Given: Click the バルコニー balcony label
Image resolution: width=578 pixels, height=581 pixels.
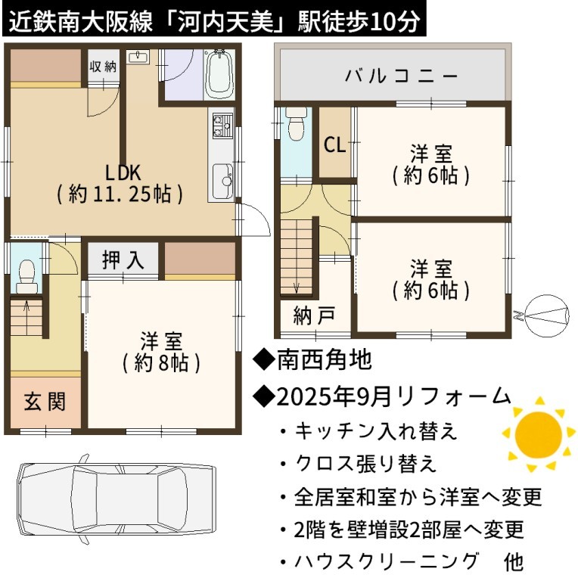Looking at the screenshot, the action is pyautogui.click(x=401, y=76).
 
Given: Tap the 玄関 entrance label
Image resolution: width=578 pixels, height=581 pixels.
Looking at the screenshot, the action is pyautogui.click(x=45, y=402).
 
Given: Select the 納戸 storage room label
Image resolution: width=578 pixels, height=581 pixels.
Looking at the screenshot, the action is pyautogui.click(x=315, y=315).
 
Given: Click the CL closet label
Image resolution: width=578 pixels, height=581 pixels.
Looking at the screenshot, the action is pyautogui.click(x=334, y=144).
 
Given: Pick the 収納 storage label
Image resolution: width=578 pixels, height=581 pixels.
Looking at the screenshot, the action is pyautogui.click(x=103, y=67).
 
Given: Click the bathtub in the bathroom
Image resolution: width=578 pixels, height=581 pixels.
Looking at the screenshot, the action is pyautogui.click(x=219, y=74).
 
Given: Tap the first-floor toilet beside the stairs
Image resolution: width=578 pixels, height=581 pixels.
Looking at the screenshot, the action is pyautogui.click(x=26, y=276).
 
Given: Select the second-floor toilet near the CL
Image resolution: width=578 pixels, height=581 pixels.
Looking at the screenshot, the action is pyautogui.click(x=296, y=123).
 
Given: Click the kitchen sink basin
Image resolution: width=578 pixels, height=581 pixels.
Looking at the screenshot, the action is pyautogui.click(x=222, y=181).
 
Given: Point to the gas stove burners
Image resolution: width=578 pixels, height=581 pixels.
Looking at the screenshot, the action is pyautogui.click(x=222, y=126).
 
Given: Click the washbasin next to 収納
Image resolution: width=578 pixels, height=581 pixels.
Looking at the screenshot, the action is pyautogui.click(x=138, y=57).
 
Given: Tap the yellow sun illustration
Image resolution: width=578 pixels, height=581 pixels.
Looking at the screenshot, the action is pyautogui.click(x=538, y=434).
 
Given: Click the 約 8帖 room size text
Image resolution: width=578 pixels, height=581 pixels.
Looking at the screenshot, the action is pyautogui.click(x=162, y=363).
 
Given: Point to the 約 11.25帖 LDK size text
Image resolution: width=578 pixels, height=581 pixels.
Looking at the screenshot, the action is pyautogui.click(x=120, y=194).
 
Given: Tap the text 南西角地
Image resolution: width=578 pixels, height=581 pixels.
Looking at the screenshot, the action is pyautogui.click(x=325, y=359).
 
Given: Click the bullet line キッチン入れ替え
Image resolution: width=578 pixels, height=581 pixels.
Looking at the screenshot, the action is pyautogui.click(x=375, y=431).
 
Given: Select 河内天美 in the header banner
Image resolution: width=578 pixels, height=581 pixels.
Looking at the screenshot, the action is pyautogui.click(x=227, y=22).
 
